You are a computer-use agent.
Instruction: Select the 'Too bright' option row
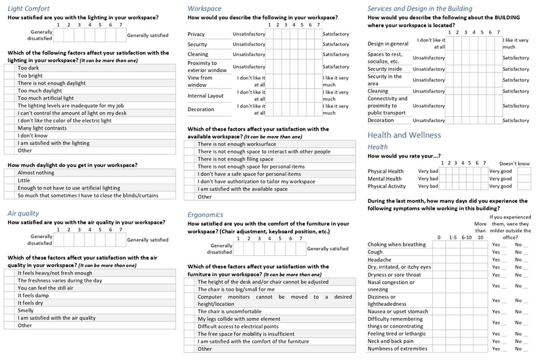click(x=30, y=76)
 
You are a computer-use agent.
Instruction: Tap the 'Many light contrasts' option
click(x=42, y=128)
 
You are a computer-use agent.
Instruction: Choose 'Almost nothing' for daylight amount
click(x=36, y=173)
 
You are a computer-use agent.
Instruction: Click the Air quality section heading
click(x=23, y=213)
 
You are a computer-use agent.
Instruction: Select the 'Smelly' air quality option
click(x=26, y=310)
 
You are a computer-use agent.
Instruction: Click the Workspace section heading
click(x=204, y=9)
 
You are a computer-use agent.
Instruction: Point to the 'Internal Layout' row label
click(x=205, y=96)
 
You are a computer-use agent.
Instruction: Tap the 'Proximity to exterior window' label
click(x=207, y=67)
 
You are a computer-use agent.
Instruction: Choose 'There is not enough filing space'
click(x=235, y=159)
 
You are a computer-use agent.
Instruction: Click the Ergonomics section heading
click(x=205, y=215)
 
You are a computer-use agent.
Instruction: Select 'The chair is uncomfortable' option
click(x=229, y=311)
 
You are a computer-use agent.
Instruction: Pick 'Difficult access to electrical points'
click(x=238, y=326)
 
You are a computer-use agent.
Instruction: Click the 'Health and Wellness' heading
click(x=404, y=135)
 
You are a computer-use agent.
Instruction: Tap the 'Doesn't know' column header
click(x=515, y=164)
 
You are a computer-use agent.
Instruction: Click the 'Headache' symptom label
click(x=379, y=259)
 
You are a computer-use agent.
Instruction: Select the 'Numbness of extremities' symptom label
click(x=397, y=349)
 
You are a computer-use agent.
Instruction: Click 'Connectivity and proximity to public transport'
click(x=387, y=106)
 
